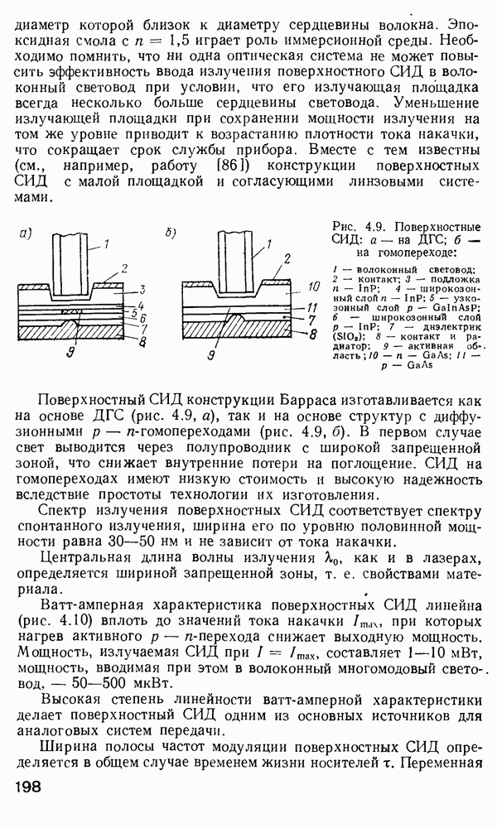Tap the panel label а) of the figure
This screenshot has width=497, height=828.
(x=26, y=234)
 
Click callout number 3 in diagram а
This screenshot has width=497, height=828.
(x=142, y=289)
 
